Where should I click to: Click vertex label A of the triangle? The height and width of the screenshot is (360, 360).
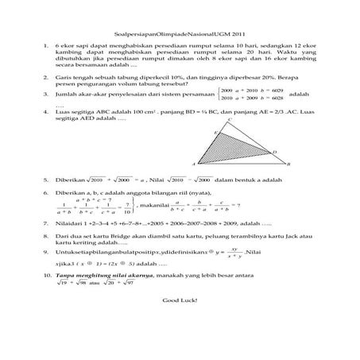pyautogui.click(x=193, y=164)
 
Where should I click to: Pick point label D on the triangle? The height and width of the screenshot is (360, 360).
pyautogui.click(x=274, y=151)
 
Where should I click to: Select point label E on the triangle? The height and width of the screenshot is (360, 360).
pyautogui.click(x=207, y=133)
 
